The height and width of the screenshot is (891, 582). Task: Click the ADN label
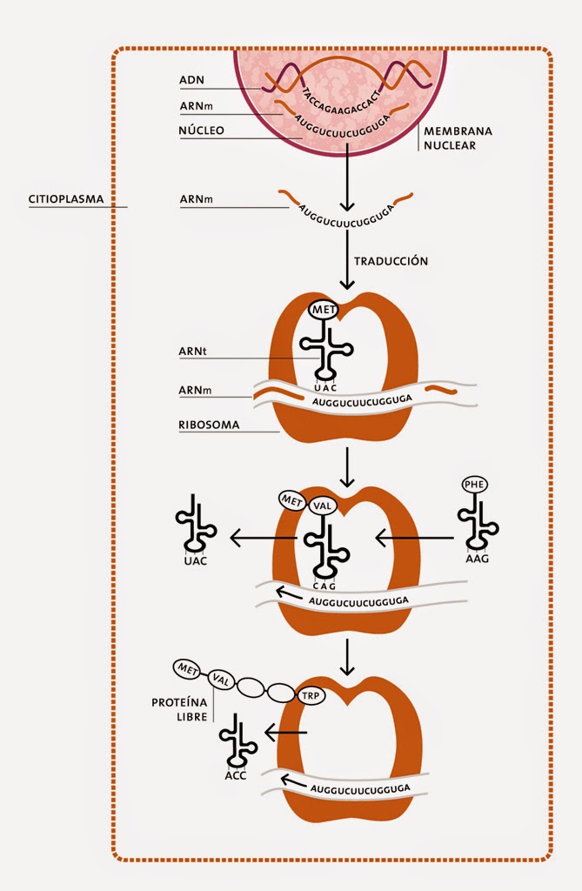tap(191, 81)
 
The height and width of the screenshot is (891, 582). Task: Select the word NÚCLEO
tap(202, 130)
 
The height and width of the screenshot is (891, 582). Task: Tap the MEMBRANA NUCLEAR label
tap(458, 138)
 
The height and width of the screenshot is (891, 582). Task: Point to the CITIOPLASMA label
tap(65, 199)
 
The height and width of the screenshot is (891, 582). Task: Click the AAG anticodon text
tap(478, 559)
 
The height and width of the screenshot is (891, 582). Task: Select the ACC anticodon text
tap(233, 774)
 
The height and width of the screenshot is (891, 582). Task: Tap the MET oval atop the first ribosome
tap(324, 310)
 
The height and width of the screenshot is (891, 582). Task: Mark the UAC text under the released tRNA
tap(197, 561)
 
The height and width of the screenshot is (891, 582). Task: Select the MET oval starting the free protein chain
tap(188, 668)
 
